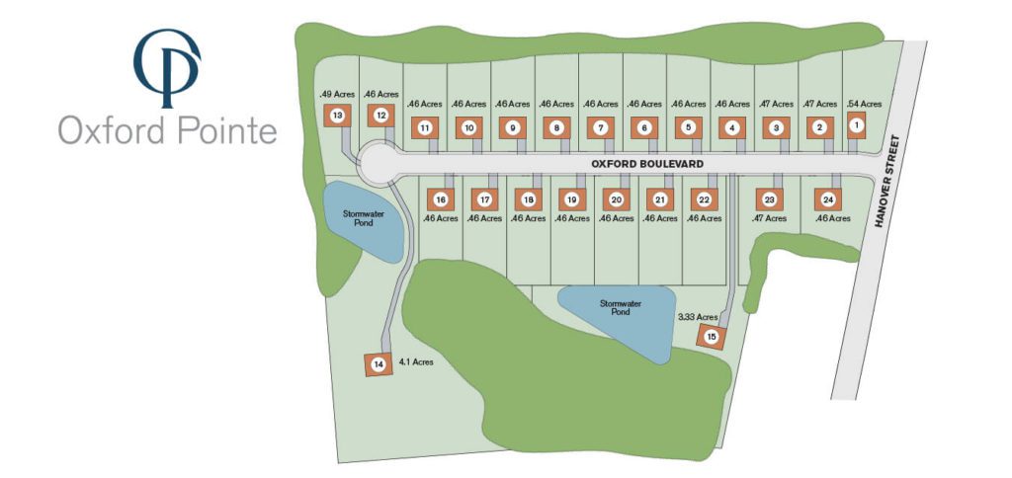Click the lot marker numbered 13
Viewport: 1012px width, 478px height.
(x=338, y=117)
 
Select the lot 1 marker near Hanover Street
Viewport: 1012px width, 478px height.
(x=857, y=124)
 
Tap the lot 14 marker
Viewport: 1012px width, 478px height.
(x=377, y=364)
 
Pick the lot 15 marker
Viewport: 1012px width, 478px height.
(x=711, y=338)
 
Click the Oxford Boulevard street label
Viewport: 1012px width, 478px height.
(x=647, y=162)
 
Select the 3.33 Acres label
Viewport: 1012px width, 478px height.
(x=697, y=317)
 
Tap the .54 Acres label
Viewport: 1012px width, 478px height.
(x=864, y=103)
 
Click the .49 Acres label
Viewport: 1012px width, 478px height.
(x=336, y=94)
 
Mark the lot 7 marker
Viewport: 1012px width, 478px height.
(x=600, y=127)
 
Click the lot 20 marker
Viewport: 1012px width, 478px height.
(x=616, y=199)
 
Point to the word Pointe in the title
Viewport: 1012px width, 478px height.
(x=224, y=130)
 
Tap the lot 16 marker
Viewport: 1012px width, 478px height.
(x=441, y=199)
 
